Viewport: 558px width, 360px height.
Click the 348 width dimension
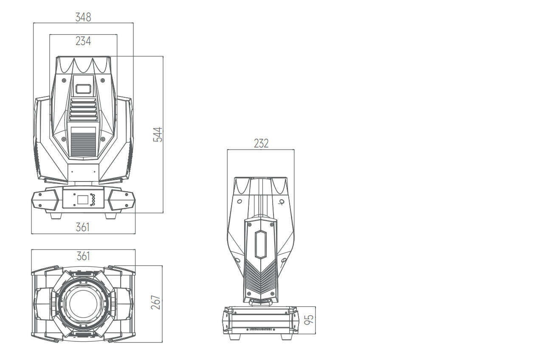pos(83,17)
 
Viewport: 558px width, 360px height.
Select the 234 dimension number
pos(83,41)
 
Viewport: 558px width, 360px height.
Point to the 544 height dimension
pos(158,135)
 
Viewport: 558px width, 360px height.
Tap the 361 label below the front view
pos(82,227)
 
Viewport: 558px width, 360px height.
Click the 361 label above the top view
pos(83,256)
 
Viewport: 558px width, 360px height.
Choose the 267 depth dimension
pos(156,303)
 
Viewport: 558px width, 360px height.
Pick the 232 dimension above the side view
pos(261,143)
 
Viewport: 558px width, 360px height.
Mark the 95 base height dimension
pos(309,320)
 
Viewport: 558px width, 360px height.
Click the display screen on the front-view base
pos(83,199)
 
